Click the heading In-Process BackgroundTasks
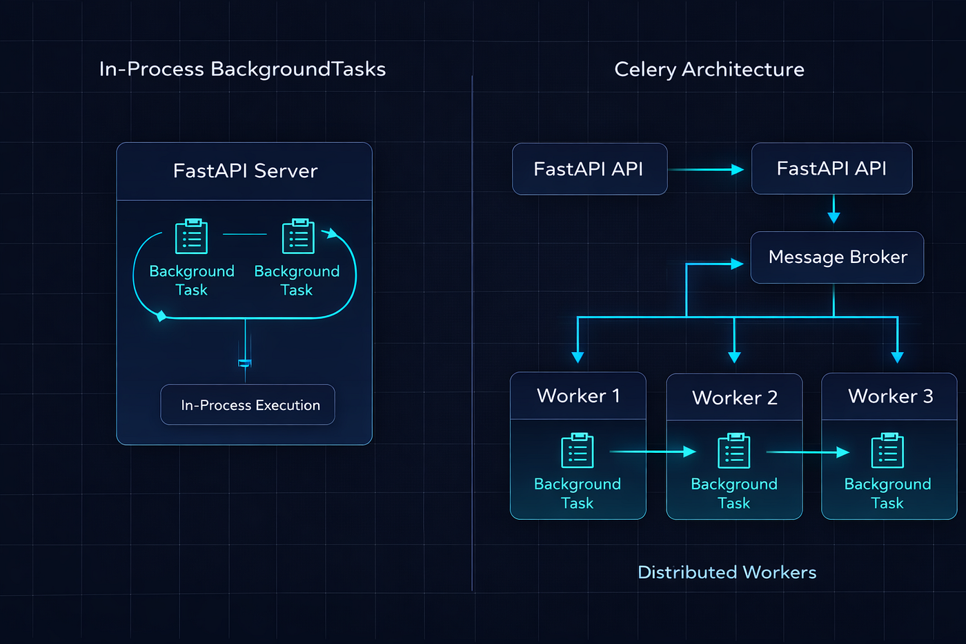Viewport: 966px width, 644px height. (242, 69)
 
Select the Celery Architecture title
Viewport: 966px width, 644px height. (709, 69)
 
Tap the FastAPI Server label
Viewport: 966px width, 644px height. (245, 170)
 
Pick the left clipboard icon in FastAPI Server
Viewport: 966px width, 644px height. (191, 237)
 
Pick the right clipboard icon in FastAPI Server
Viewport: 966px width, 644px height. (298, 237)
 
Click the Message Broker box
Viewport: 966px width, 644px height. (837, 257)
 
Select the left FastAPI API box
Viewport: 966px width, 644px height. (589, 169)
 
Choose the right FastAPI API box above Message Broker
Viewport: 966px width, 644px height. (831, 168)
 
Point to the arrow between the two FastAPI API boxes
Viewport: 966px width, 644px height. (707, 169)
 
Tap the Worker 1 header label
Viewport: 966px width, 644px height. (578, 396)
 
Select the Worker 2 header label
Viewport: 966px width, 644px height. (734, 398)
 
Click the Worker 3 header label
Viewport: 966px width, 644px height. (889, 396)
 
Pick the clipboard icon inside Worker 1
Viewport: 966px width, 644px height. (578, 451)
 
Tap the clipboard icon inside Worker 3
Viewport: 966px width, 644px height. (887, 451)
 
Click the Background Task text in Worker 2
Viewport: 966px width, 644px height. (734, 494)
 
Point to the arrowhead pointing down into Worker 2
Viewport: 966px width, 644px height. (734, 356)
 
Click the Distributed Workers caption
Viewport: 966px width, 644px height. (727, 572)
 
